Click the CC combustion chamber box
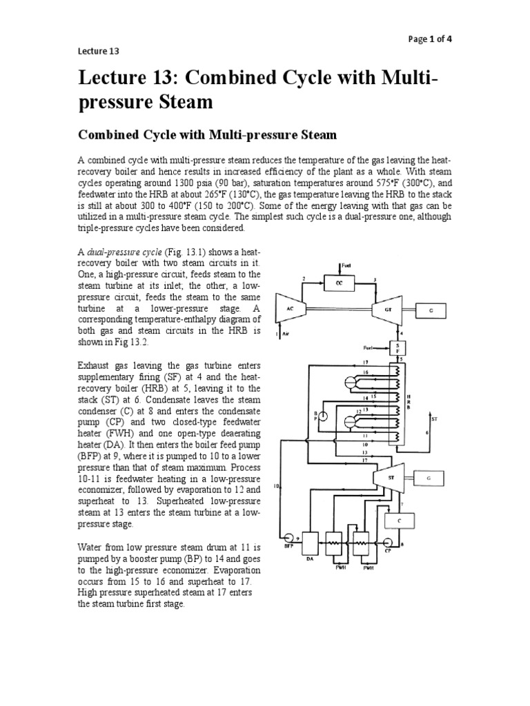tap(340, 282)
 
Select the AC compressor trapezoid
tap(291, 310)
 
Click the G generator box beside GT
tap(431, 310)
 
